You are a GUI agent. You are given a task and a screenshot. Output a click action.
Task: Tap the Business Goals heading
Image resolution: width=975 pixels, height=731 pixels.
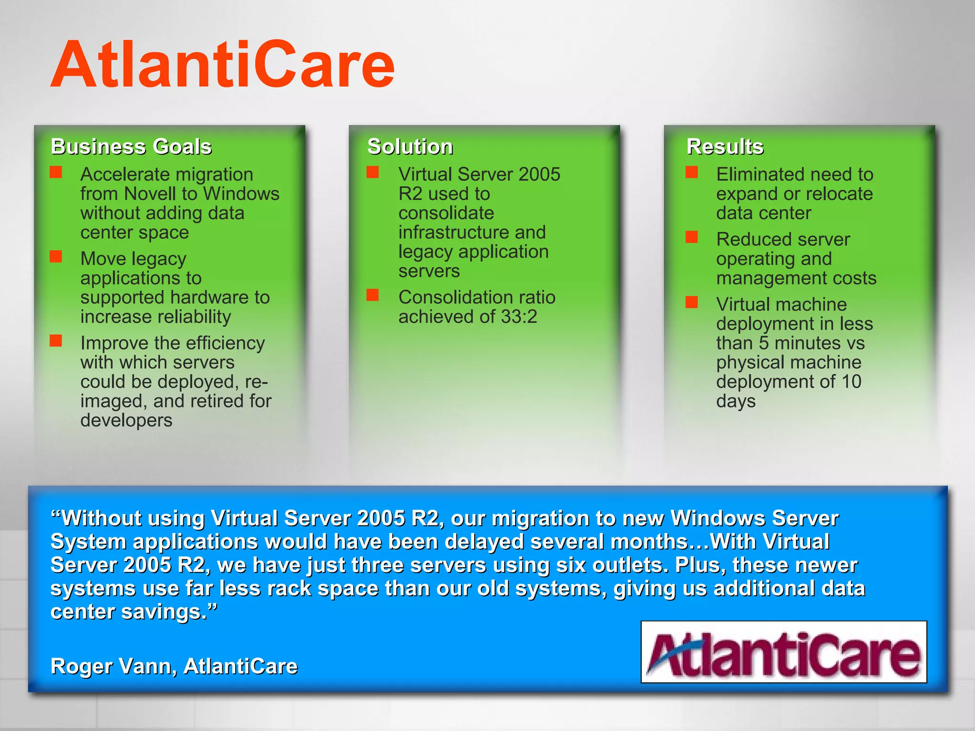[x=131, y=147]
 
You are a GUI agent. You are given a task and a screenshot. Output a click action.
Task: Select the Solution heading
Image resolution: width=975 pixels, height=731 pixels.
[x=410, y=147]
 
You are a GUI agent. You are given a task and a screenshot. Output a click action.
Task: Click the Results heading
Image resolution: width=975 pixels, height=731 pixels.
[x=725, y=147]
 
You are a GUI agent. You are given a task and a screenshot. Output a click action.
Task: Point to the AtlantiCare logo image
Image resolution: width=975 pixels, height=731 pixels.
[x=784, y=652]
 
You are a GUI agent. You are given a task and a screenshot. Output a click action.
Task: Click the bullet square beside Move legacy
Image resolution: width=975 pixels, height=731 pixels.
[x=56, y=257]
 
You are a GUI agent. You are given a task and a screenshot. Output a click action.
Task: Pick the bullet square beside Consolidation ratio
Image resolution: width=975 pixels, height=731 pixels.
[x=373, y=296]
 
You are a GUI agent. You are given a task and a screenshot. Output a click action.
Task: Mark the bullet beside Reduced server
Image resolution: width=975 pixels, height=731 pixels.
[x=692, y=237]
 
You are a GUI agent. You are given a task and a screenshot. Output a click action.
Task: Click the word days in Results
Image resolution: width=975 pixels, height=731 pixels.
[x=736, y=402]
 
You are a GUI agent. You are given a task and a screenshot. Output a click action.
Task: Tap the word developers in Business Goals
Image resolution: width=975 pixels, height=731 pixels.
[x=126, y=421]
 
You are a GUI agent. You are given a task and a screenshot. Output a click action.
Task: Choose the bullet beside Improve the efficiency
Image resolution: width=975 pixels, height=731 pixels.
[x=56, y=341]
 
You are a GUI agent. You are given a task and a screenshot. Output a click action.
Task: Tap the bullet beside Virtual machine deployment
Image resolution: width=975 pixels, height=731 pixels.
[x=692, y=302]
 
